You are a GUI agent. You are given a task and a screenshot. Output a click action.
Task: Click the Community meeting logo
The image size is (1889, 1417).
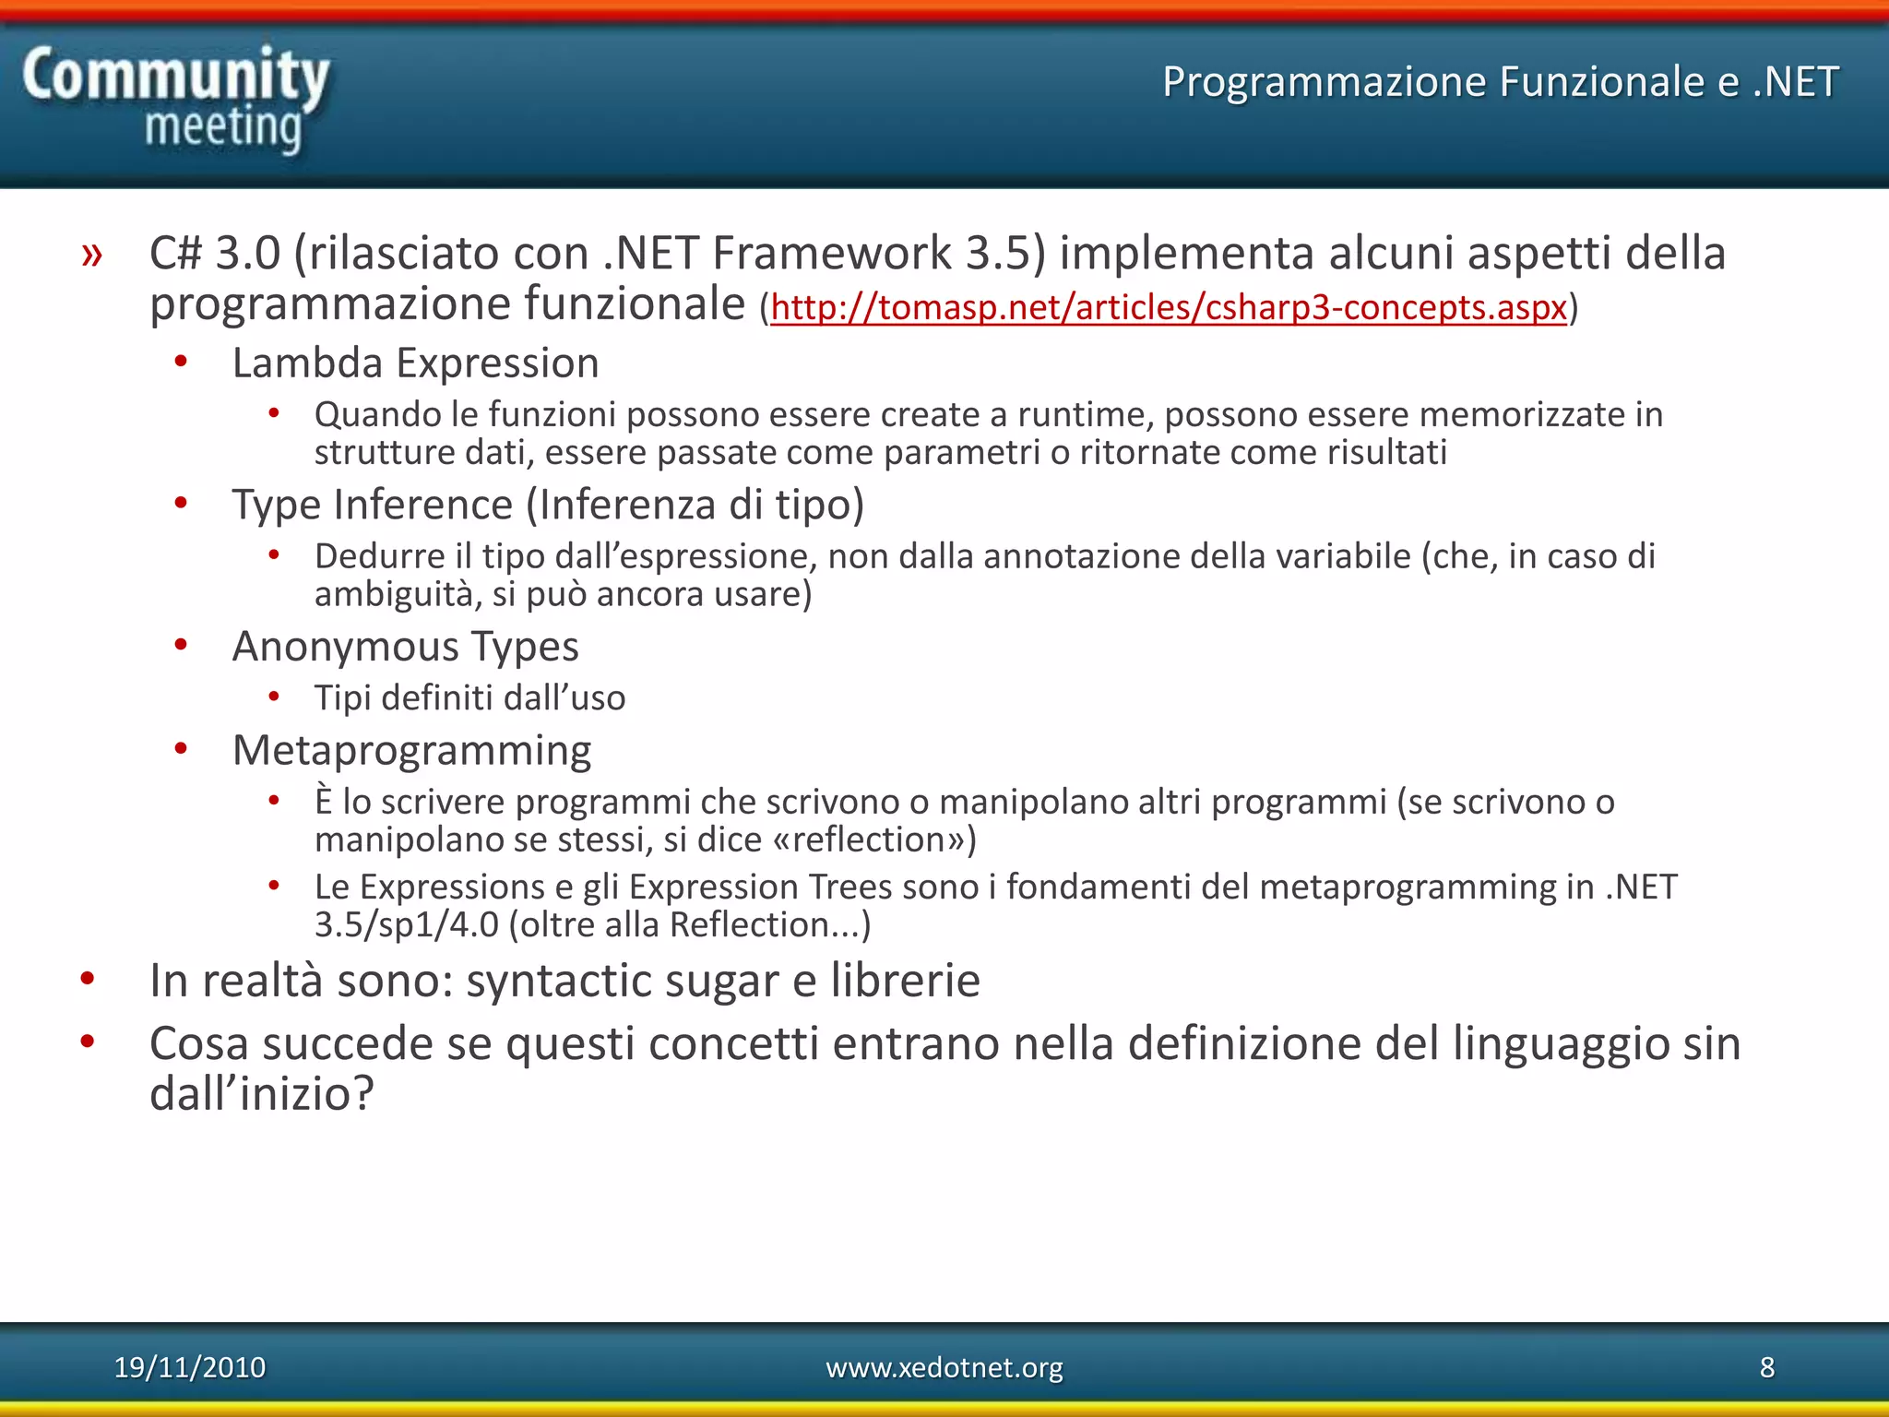175,99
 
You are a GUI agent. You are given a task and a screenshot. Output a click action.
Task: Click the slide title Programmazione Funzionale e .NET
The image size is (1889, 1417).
1500,82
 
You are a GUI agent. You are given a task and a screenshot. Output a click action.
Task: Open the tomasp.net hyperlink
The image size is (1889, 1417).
1168,307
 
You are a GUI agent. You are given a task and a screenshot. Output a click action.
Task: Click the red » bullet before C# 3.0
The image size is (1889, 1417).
91,254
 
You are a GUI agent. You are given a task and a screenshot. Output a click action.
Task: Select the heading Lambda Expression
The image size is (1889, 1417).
415,363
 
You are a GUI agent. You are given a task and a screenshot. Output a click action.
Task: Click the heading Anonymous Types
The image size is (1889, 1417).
405,647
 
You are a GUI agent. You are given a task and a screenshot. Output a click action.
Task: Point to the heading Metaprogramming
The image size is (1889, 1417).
411,751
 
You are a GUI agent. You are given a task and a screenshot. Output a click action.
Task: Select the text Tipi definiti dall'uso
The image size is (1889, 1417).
469,698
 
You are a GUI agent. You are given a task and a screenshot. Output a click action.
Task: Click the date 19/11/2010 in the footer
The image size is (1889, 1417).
190,1367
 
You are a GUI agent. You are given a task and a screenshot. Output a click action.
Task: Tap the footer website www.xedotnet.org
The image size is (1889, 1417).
944,1367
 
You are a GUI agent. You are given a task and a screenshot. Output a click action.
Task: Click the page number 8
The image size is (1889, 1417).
1766,1367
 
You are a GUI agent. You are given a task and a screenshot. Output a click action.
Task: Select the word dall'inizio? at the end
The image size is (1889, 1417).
262,1095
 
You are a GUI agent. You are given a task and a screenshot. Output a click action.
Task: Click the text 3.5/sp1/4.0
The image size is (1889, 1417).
406,925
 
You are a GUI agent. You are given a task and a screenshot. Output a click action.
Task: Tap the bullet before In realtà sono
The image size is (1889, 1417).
88,979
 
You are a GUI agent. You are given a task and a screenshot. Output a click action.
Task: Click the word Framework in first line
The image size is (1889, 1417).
831,254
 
